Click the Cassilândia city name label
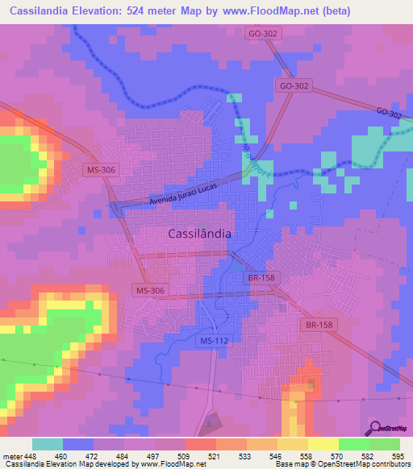[200, 233]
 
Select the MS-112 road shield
[214, 341]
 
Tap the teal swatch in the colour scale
[47, 444]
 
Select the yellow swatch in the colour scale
[323, 444]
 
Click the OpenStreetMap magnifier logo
[374, 429]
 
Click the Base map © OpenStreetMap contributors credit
[342, 464]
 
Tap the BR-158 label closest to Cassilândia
[256, 277]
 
